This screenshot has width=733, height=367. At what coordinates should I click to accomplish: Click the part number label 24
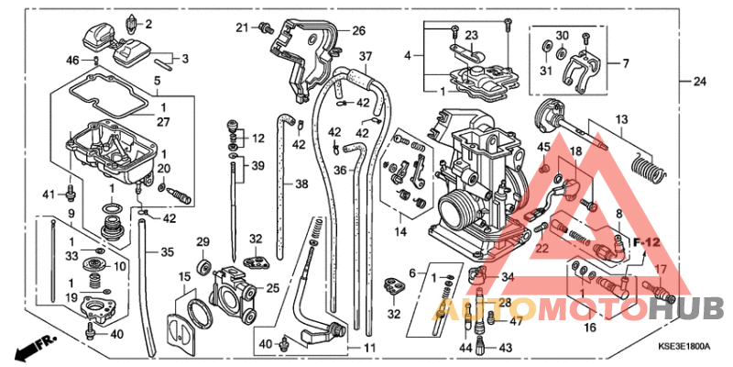pos(700,82)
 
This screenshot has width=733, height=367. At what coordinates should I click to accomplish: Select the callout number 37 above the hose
pos(365,56)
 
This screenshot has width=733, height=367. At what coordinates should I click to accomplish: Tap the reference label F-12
pos(648,241)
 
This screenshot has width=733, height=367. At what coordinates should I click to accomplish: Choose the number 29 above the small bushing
pos(203,241)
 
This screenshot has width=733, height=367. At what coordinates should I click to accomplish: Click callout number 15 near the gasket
pos(185,276)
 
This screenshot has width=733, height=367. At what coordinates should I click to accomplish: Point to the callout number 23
pos(471,36)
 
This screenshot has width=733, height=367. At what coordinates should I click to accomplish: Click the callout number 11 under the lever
pos(369,348)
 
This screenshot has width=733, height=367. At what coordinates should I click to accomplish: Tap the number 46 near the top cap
pos(72,60)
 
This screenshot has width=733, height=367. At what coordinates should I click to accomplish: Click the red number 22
pos(542,249)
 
